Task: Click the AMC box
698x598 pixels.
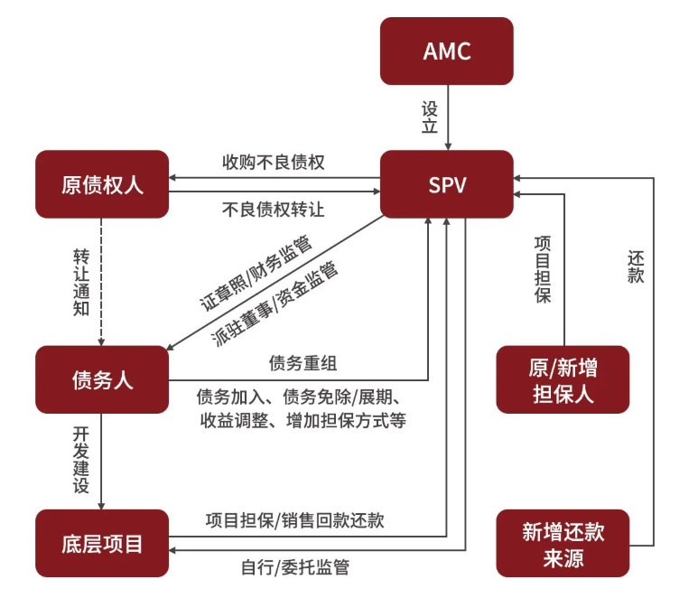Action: coord(446,51)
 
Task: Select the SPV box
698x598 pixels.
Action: coord(446,184)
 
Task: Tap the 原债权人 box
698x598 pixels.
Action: coord(102,184)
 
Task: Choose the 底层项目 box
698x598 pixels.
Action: coord(102,544)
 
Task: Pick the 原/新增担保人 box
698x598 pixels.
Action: coord(563,380)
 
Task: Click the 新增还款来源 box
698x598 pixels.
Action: coord(563,544)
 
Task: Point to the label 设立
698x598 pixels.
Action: coord(429,117)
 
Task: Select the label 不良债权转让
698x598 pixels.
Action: coord(273,209)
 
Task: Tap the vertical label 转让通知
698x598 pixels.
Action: coord(81,280)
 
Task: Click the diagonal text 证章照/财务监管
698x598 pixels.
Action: coord(256,272)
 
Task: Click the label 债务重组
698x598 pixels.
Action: coord(302,363)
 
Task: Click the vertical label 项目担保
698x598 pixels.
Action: coord(543,268)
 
